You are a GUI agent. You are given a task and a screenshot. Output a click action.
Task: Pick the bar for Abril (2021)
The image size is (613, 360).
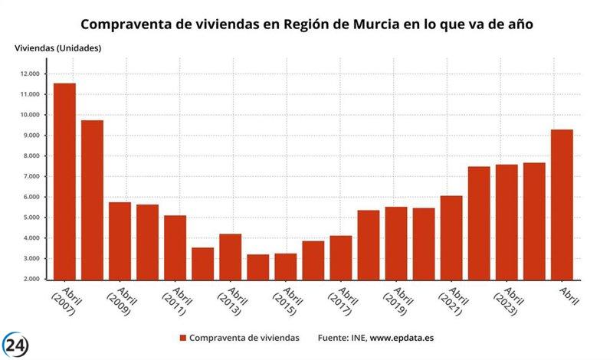pyautogui.click(x=451, y=237)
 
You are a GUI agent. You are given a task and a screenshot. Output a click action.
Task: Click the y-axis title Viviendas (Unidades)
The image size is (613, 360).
pyautogui.click(x=57, y=48)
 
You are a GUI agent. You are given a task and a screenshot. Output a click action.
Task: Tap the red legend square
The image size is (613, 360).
pyautogui.click(x=182, y=338)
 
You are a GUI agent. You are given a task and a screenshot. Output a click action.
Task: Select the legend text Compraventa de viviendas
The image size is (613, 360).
pyautogui.click(x=244, y=338)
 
